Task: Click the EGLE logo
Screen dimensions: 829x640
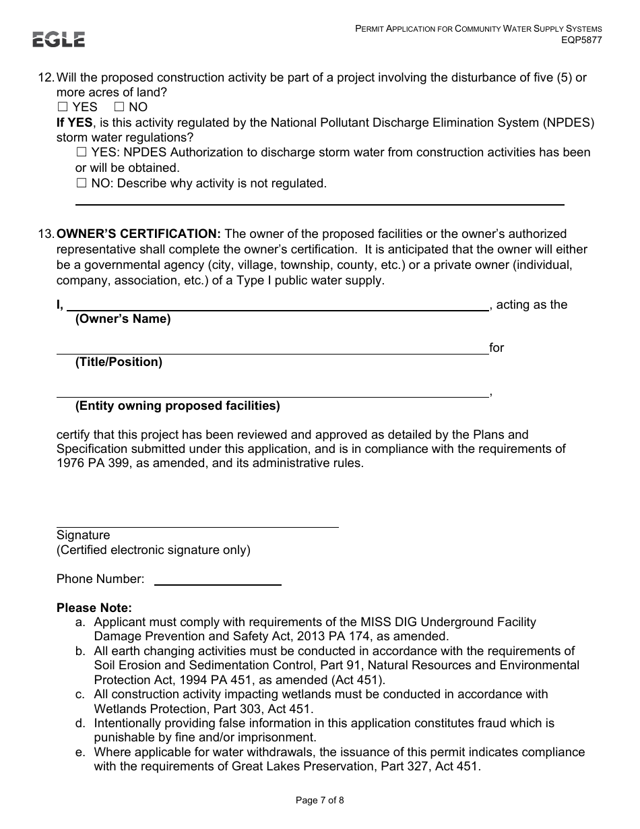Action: pos(59,40)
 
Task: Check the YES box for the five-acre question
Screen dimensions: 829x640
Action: pos(63,107)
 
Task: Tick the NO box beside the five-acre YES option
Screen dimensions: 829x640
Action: pos(119,107)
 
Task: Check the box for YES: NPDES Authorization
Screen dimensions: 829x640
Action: pos(82,153)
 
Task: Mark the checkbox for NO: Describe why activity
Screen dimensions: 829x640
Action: pos(82,183)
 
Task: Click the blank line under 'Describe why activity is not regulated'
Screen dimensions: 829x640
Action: pos(319,203)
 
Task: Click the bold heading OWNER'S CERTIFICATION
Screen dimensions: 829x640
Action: pos(139,234)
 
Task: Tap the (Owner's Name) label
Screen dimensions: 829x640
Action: pos(123,319)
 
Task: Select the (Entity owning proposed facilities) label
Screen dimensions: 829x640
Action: pos(177,406)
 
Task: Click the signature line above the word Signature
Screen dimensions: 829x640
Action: pos(197,526)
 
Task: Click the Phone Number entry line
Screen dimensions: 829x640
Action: pos(218,584)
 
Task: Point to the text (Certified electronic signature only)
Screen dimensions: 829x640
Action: pos(154,550)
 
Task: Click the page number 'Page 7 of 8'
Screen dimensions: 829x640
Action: pos(320,801)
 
